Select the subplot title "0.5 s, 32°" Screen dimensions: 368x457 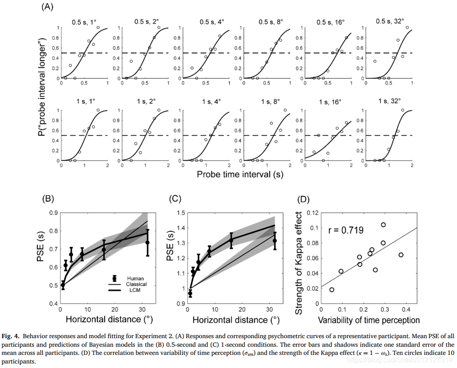(390, 21)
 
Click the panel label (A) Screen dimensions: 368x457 (48, 7)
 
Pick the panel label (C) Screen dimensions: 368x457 (175, 198)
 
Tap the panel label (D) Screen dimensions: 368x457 (304, 198)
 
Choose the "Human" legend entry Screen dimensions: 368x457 (137, 278)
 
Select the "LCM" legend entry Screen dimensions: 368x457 (135, 290)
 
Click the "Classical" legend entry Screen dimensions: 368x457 (138, 284)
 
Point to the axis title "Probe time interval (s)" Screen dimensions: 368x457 (240, 174)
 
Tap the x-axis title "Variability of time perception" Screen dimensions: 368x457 (369, 321)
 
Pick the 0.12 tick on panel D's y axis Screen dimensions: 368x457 (311, 212)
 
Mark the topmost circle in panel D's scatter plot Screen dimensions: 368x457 (383, 225)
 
